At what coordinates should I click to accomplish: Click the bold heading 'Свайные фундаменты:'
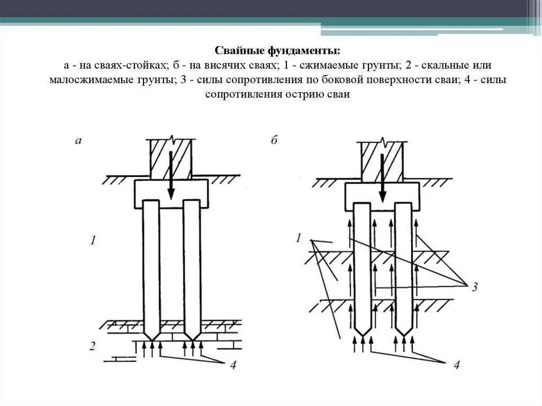(277, 51)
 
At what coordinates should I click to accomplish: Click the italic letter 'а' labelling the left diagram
(78, 140)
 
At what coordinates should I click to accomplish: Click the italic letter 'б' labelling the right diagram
(274, 140)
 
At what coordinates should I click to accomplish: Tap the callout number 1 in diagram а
(93, 241)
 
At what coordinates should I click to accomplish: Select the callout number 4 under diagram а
(232, 366)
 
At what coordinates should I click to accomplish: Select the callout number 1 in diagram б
(299, 239)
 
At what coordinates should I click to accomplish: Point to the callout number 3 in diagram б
(475, 287)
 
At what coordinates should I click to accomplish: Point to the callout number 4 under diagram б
(457, 365)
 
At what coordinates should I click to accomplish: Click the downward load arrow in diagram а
(170, 175)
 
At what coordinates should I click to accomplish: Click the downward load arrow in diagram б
(382, 175)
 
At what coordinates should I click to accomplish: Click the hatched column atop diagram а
(170, 158)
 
